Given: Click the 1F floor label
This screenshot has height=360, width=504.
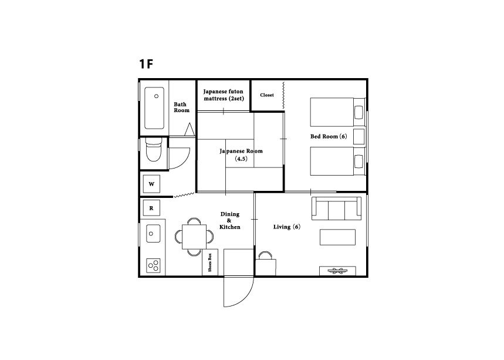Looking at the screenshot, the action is point(146,63).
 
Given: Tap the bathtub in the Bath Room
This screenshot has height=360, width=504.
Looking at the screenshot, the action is point(154,108).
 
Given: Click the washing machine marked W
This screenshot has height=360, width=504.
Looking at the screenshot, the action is point(151,184).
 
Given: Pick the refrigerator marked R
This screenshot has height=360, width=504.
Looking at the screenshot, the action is point(151,208).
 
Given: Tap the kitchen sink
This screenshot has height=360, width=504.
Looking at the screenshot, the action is point(153,233).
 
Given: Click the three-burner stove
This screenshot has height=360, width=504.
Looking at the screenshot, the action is point(153,265).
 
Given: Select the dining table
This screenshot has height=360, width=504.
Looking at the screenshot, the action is point(194,237).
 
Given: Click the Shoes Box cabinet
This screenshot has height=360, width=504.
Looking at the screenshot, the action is point(210,262).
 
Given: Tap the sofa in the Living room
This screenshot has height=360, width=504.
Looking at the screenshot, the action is point(337,208).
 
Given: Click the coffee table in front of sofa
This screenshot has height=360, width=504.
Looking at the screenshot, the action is point(337,237).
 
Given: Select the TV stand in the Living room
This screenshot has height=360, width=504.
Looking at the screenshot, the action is point(337,271).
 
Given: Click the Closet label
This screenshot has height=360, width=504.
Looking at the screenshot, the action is point(267,95).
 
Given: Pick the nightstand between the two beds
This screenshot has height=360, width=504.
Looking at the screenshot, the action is point(359,136).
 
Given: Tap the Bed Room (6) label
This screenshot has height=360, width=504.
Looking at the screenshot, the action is point(329,136).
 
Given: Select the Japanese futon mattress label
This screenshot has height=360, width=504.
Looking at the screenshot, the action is point(224,95).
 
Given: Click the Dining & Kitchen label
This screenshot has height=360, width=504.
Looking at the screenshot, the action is point(230,220).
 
